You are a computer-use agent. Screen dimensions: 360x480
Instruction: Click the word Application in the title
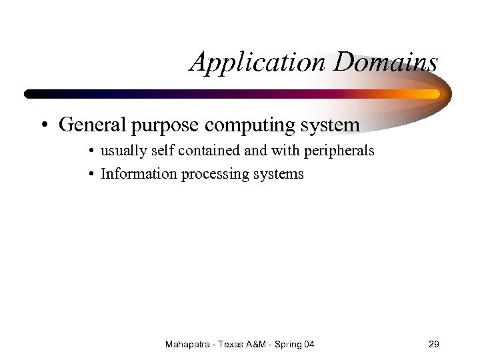[258, 63]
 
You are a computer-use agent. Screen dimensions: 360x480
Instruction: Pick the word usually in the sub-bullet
[122, 151]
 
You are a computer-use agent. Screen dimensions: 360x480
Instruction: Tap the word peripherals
[339, 151]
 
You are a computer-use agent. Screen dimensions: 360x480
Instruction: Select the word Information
[133, 174]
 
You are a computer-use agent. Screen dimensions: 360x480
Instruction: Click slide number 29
[433, 344]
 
